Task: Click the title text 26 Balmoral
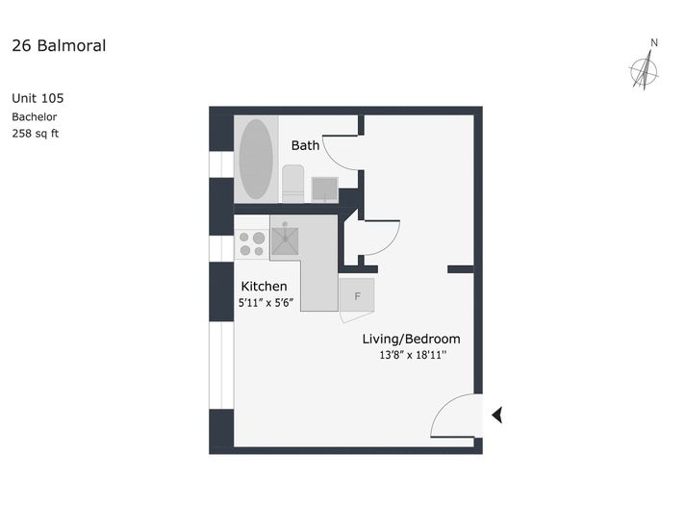point(59,46)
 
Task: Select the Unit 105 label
point(38,98)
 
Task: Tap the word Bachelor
point(34,117)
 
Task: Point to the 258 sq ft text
point(35,134)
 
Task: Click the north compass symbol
point(644,70)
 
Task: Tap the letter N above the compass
point(654,43)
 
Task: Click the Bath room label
point(305,145)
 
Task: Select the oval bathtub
point(256,159)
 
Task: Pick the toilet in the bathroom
point(292,184)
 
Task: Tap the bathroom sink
point(324,189)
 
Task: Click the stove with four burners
point(252,244)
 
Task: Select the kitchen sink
point(285,239)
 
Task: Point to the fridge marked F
point(357,295)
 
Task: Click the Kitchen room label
point(264,287)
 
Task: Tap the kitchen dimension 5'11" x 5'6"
point(266,303)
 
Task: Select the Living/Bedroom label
point(411,339)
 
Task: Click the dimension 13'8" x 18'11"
point(413,355)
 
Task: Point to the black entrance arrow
point(497,415)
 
